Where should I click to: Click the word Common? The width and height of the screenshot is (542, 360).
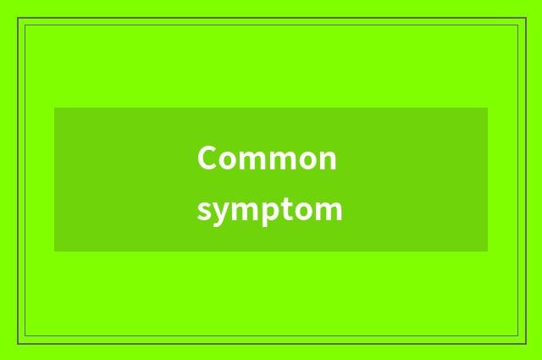point(267,158)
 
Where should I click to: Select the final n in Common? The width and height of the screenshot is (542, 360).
point(327,160)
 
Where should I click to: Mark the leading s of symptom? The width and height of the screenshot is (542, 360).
point(203,210)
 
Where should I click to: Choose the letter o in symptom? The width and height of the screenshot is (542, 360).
point(305,210)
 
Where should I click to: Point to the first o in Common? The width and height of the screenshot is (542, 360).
point(229,160)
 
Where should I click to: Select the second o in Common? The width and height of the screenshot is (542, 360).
point(305,160)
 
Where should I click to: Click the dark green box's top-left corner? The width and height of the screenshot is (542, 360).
point(54,108)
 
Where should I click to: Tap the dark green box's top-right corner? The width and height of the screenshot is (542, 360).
point(488,108)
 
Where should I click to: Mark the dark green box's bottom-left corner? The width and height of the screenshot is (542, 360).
point(54,252)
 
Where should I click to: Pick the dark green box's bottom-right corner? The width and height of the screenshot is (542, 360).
point(488,252)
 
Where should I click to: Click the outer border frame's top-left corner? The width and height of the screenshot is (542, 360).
point(18,18)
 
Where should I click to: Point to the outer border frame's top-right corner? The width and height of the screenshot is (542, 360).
point(526,18)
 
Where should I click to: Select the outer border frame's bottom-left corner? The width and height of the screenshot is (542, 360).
point(18,344)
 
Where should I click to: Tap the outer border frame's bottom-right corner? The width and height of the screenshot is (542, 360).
point(526,344)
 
